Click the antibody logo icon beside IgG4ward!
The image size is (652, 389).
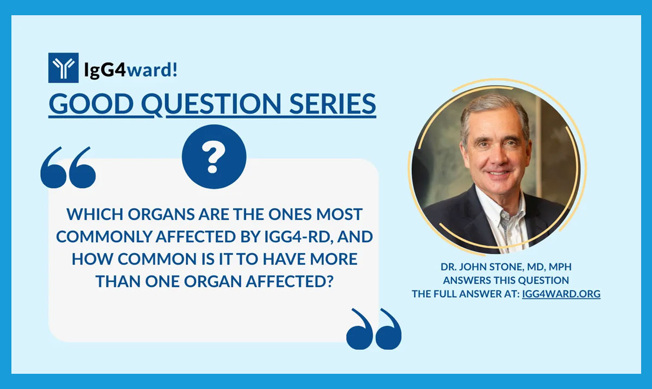coord(63,68)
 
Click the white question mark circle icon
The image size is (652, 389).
coord(214,156)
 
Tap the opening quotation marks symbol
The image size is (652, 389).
coord(68,166)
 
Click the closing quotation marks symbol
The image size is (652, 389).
coord(374,329)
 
